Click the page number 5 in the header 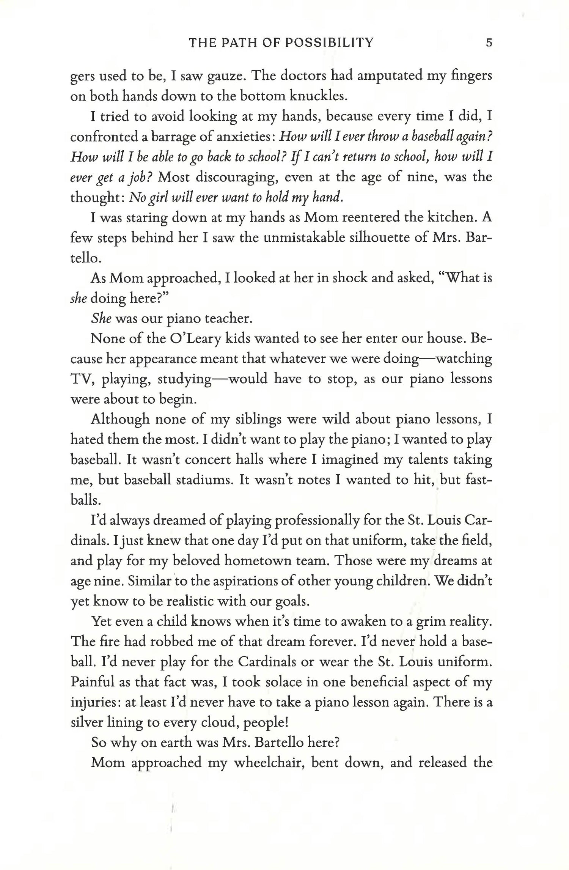(x=489, y=42)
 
